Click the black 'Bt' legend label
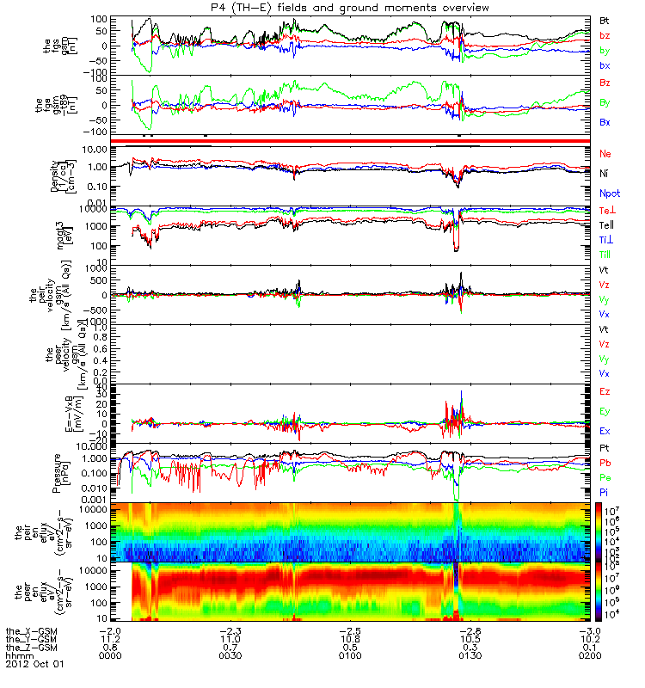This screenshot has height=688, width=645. coord(605,20)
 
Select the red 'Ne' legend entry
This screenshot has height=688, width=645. coord(606,153)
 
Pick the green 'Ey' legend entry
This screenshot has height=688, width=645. coord(606,411)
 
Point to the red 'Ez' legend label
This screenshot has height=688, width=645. coord(606,391)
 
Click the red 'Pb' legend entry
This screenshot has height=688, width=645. coord(606,463)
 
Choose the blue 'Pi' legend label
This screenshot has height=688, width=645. coord(605,492)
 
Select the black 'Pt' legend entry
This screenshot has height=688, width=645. coord(605,449)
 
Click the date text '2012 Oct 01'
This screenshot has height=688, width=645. coord(34,664)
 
